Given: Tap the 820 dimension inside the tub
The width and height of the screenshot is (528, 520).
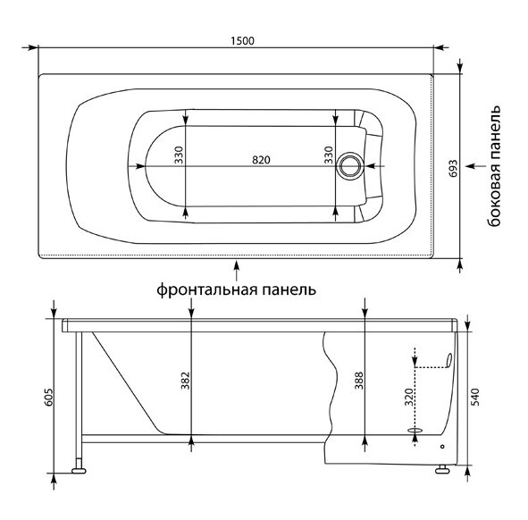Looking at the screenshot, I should [x=261, y=159].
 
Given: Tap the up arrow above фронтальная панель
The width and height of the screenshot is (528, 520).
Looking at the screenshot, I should [x=236, y=266].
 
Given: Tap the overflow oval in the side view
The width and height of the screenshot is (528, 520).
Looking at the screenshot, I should [x=448, y=361].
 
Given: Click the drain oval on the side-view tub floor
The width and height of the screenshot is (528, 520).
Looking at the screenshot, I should [x=415, y=430].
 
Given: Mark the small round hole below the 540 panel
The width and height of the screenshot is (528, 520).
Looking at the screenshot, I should [x=442, y=447].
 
